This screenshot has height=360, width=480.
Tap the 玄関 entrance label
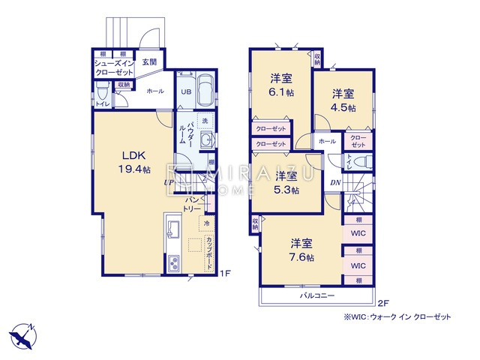(149, 62)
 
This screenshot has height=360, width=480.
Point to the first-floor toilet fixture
(102, 94)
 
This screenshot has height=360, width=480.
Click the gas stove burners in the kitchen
(172, 263)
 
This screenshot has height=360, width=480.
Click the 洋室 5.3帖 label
(286, 183)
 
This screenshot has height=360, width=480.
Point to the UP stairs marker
(170, 181)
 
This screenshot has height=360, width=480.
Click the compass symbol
(22, 334)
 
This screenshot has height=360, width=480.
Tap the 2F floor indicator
(382, 303)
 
